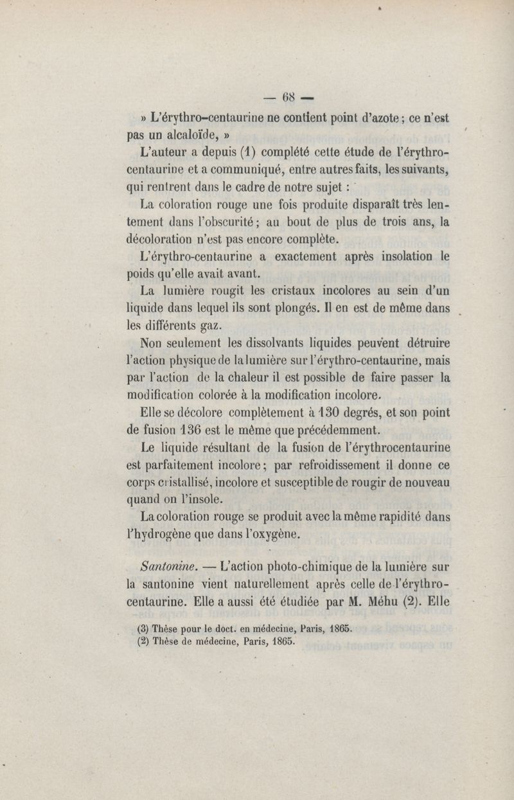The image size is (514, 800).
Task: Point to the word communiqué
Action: point(247,173)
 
